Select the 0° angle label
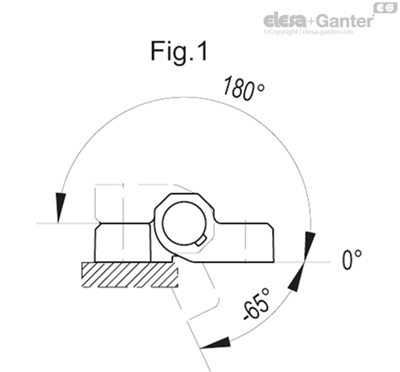tap(352, 261)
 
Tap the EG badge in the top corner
tap(385, 7)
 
